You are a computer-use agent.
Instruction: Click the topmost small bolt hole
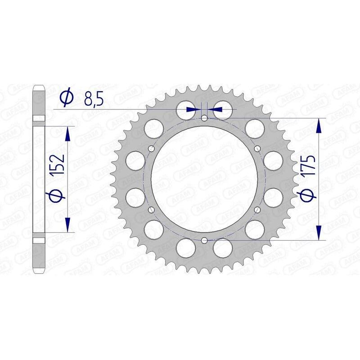204,118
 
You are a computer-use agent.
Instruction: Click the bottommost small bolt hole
204,240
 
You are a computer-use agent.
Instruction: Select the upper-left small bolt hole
151,148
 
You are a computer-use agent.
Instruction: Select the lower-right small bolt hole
257,210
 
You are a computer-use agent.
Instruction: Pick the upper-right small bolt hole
257,148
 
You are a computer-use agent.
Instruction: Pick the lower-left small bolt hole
151,210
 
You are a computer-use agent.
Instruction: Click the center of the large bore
204,179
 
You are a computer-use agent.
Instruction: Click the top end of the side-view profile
39,85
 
